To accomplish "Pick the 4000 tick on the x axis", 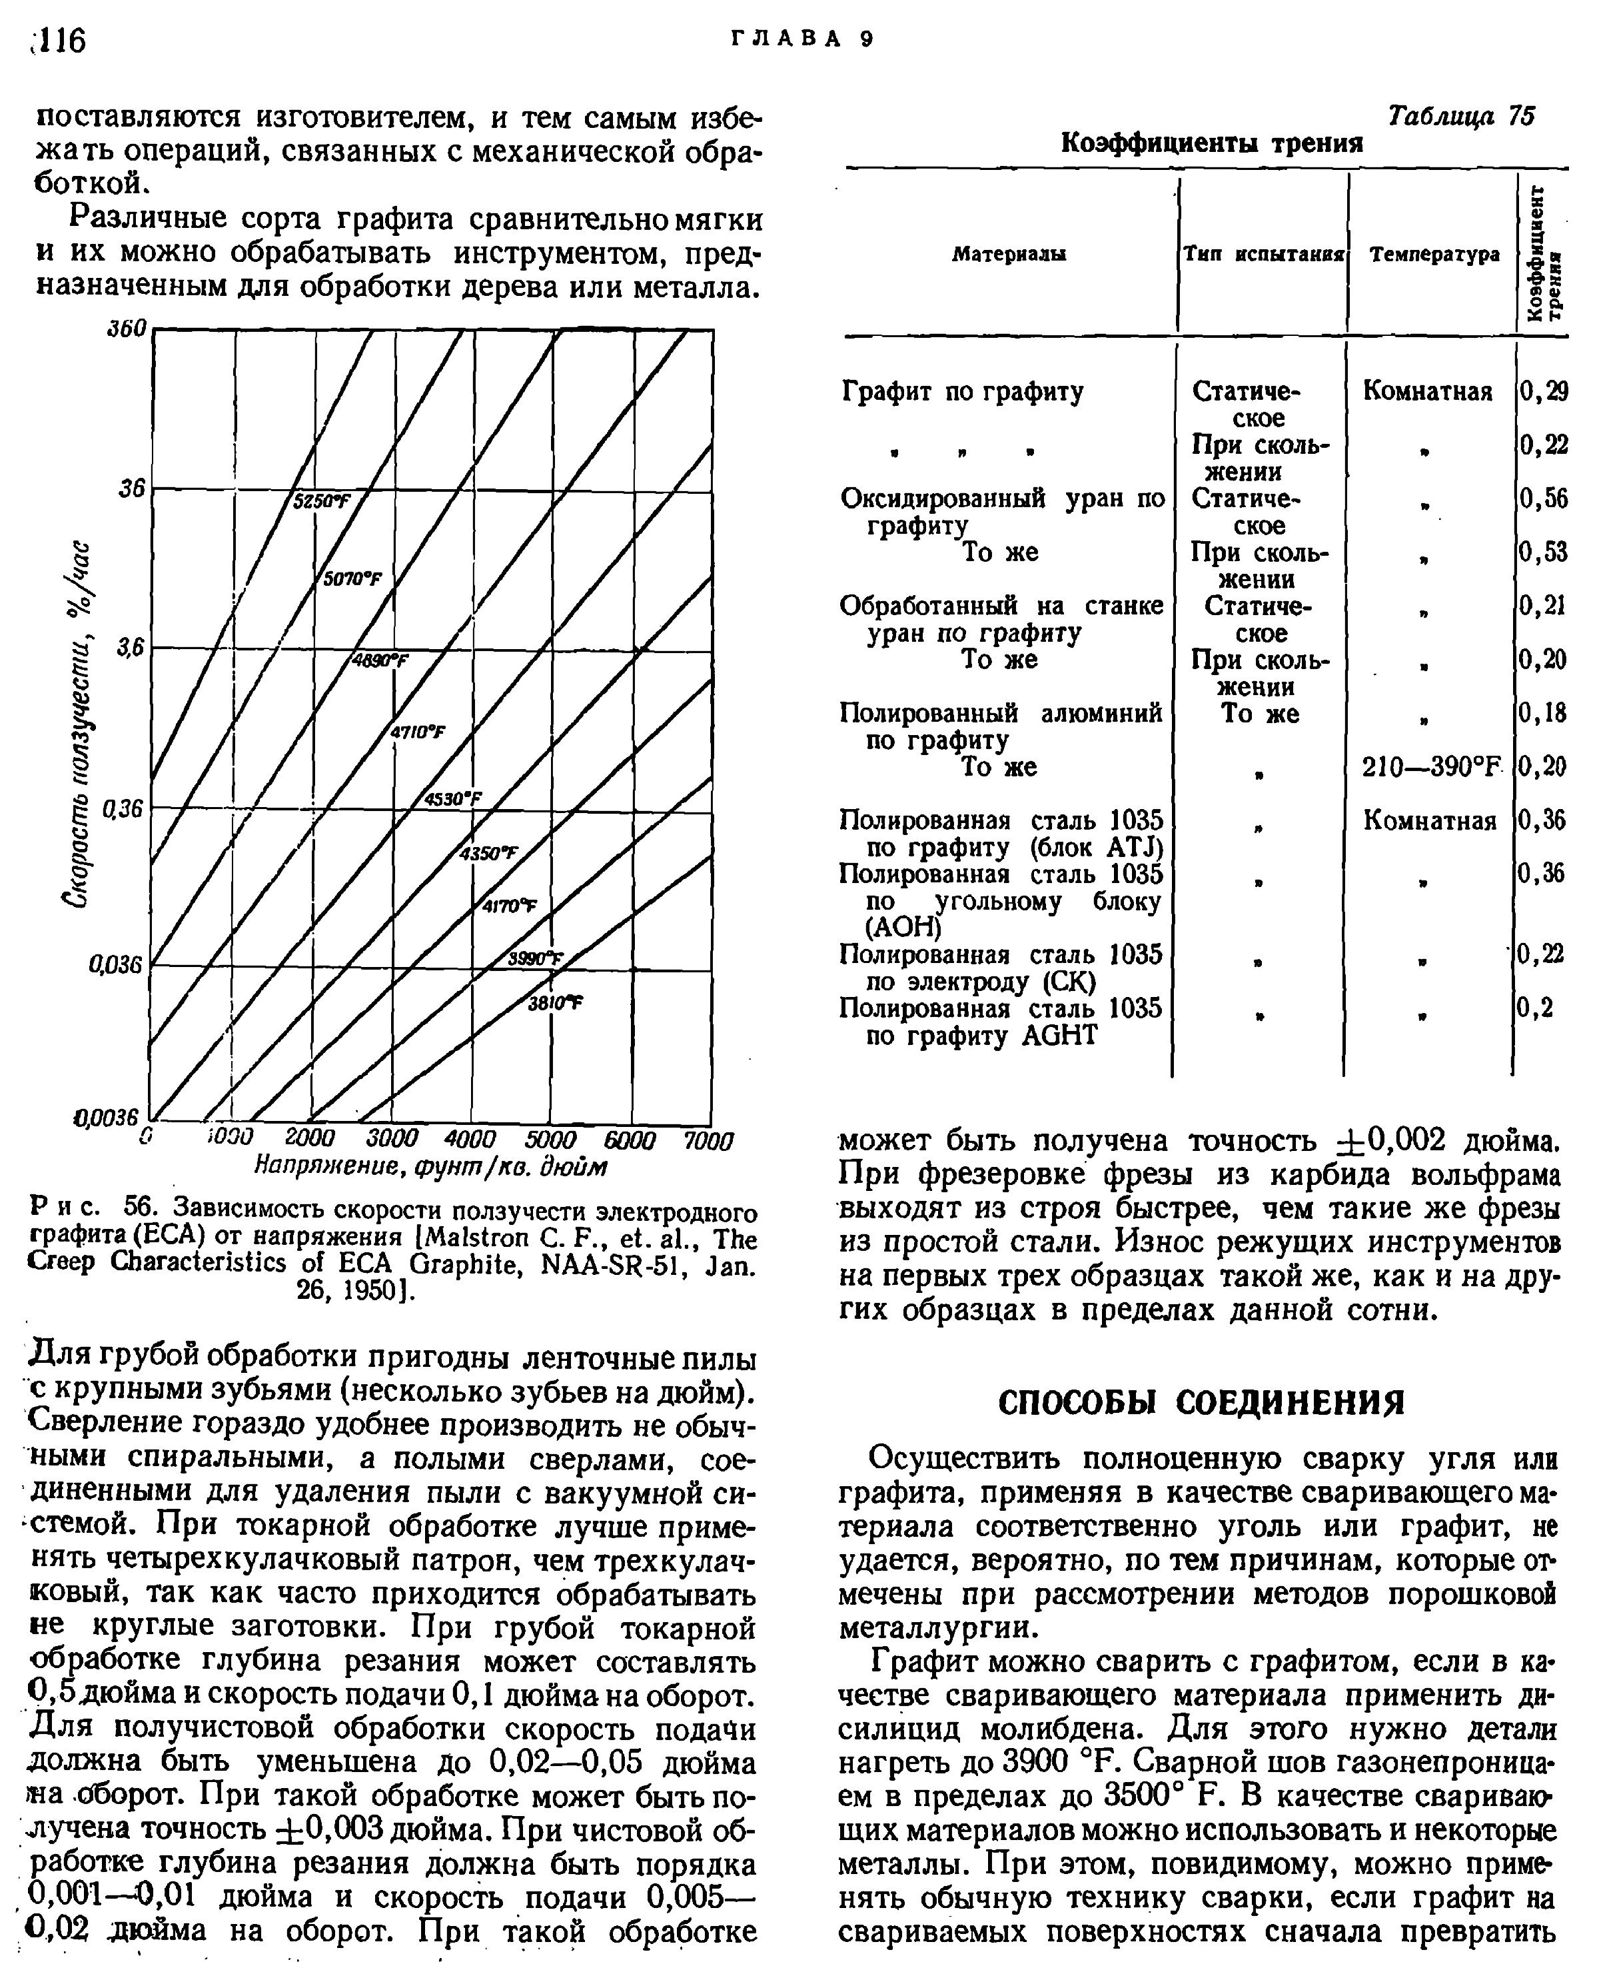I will [x=470, y=1140].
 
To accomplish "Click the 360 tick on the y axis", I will [x=128, y=329].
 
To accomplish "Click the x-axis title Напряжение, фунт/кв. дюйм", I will [x=430, y=1167].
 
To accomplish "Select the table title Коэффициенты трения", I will [x=1211, y=144].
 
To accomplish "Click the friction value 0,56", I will [x=1544, y=498].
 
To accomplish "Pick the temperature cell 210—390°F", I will [x=1431, y=766].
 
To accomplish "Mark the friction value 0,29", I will [x=1544, y=392].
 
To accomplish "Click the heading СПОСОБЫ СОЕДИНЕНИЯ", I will [x=1202, y=1403].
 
